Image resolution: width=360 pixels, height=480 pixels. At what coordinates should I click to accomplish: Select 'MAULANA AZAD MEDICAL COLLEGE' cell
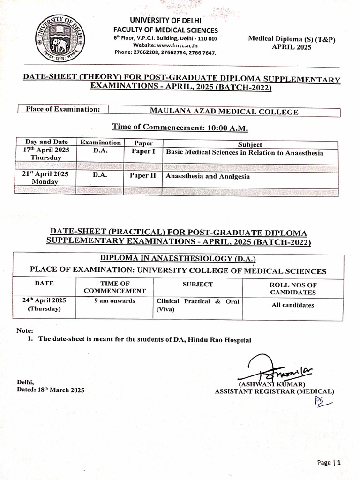(224, 112)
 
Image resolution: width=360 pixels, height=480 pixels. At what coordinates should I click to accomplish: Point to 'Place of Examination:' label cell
(63, 110)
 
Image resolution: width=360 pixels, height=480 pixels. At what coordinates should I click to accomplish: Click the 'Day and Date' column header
(46, 142)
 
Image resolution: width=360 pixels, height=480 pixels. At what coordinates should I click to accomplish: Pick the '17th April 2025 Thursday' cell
(46, 154)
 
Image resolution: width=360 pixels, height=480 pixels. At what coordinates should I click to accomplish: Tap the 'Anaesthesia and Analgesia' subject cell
(208, 177)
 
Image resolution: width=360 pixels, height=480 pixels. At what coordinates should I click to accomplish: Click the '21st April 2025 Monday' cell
(46, 178)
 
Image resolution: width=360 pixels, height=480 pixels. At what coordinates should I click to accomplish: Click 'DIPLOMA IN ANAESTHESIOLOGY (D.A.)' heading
(178, 259)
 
